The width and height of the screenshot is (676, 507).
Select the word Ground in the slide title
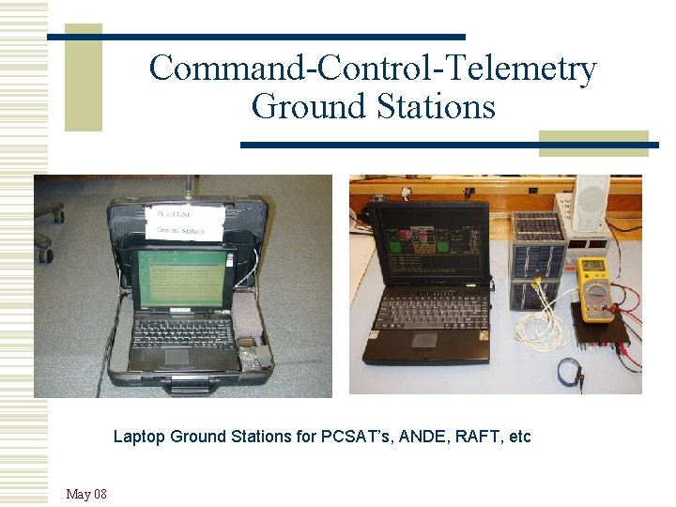click(303, 107)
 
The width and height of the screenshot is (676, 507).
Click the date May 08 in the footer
click(86, 494)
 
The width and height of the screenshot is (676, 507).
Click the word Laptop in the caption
click(138, 437)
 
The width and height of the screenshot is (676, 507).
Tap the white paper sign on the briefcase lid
click(186, 222)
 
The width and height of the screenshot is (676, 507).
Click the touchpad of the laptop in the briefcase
click(177, 356)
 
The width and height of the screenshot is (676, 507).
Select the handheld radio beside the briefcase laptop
click(249, 353)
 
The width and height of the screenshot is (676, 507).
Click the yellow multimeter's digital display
click(592, 269)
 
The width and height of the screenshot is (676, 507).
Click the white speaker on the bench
click(591, 202)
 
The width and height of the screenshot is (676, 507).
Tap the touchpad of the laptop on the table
click(424, 340)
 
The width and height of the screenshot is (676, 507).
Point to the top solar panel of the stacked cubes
click(536, 226)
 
